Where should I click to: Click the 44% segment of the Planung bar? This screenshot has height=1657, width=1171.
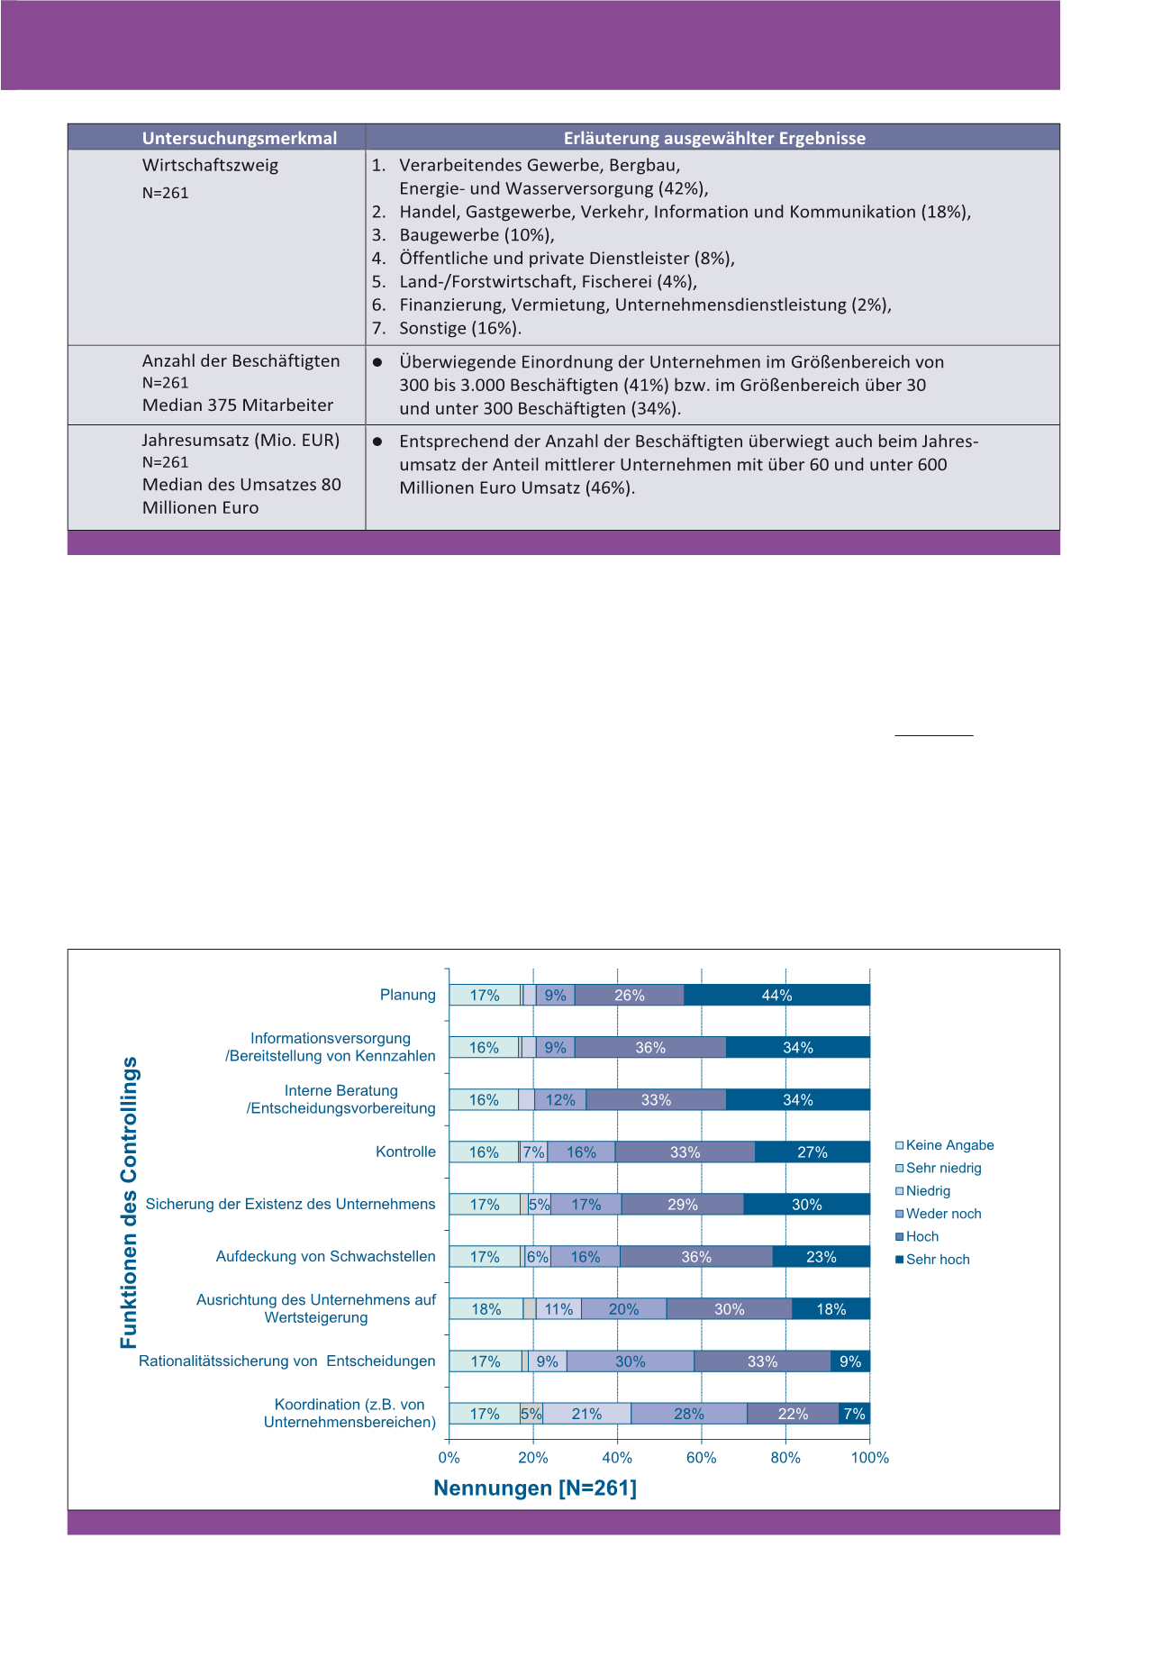(776, 995)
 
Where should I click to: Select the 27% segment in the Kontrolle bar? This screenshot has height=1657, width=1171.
(812, 1152)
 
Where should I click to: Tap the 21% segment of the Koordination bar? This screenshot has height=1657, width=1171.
(586, 1414)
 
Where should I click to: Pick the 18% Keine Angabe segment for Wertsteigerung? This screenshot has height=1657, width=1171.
(486, 1309)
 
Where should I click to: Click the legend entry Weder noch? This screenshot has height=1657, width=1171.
(943, 1214)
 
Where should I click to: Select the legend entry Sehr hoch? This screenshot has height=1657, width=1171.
(938, 1260)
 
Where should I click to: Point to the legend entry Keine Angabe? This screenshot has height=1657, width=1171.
(949, 1145)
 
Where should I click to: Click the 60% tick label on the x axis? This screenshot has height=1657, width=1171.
(701, 1458)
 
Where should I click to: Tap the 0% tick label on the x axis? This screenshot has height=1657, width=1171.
(449, 1458)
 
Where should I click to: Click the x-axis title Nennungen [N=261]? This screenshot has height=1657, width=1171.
(535, 1488)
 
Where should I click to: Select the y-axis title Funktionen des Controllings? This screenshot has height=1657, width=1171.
(129, 1203)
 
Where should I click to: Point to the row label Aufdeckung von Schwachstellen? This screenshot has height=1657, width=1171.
(325, 1256)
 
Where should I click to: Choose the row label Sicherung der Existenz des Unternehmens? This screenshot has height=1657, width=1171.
(290, 1204)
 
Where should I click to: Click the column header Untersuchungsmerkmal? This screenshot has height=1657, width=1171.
(240, 138)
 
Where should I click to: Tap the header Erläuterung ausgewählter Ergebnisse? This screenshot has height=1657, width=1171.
(714, 138)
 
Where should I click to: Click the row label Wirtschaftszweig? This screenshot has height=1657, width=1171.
(210, 165)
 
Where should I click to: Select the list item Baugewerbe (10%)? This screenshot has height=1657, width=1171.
(477, 235)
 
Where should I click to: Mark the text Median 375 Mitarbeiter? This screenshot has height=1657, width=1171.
(238, 405)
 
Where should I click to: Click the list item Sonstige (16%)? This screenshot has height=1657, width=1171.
(460, 328)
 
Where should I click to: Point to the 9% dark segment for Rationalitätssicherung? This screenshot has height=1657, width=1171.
(849, 1361)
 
